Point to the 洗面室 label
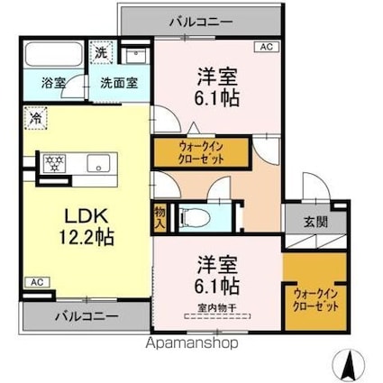click(x=118, y=83)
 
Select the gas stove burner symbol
click(x=51, y=163)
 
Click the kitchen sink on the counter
click(x=97, y=163)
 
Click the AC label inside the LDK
click(x=35, y=281)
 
